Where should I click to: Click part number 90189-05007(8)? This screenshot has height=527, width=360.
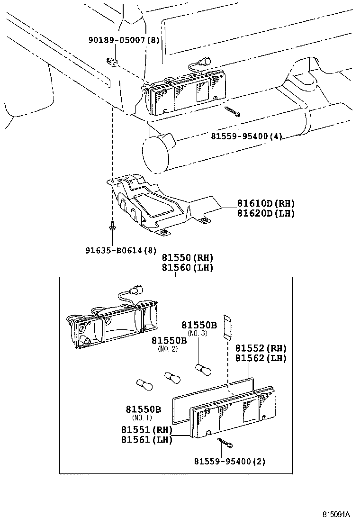(124, 40)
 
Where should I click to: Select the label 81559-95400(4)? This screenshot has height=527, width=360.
(247, 136)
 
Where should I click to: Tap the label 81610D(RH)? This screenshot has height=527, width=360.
(266, 204)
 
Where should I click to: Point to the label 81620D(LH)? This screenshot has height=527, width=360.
(266, 213)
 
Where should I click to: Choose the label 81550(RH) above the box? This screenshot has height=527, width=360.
(187, 258)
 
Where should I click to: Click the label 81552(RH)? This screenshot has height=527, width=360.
(261, 348)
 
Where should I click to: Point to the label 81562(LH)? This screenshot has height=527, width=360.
(261, 358)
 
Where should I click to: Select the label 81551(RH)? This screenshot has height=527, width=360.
(146, 430)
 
